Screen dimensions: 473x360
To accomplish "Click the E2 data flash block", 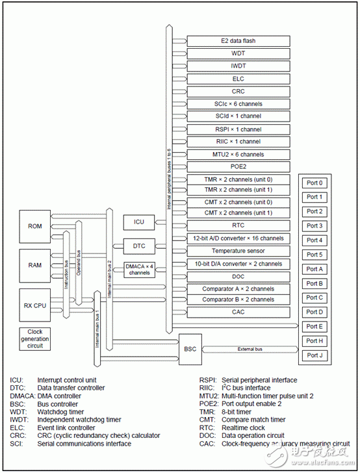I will click(234, 41).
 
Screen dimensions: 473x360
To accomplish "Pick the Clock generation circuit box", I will click(35, 338).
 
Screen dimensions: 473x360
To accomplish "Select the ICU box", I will click(138, 222).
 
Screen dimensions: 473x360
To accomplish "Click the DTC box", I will click(138, 247).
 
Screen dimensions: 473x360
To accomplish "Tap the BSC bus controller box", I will click(189, 349).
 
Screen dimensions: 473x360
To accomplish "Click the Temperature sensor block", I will click(234, 251).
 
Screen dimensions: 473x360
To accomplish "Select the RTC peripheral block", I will click(234, 225).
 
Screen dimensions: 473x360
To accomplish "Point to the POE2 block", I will click(234, 166).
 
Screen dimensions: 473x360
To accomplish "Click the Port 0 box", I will click(314, 183).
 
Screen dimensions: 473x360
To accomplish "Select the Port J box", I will click(314, 355).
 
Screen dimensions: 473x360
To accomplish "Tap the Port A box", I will click(314, 269).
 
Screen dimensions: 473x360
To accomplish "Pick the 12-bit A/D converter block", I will click(234, 238).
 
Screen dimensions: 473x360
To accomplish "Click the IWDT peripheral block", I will click(234, 66).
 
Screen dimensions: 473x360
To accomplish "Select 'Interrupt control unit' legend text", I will click(68, 380).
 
